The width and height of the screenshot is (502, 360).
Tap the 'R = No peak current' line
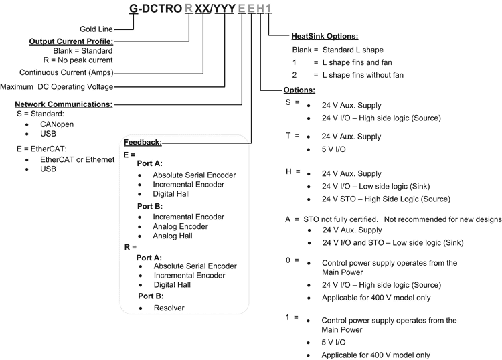click(x=82, y=60)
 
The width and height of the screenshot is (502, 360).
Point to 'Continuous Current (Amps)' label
click(x=66, y=72)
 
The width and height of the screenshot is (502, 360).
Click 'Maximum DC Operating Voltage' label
click(x=57, y=86)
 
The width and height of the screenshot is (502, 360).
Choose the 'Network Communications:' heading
click(x=64, y=104)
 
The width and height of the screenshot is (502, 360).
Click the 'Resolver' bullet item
click(x=169, y=308)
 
